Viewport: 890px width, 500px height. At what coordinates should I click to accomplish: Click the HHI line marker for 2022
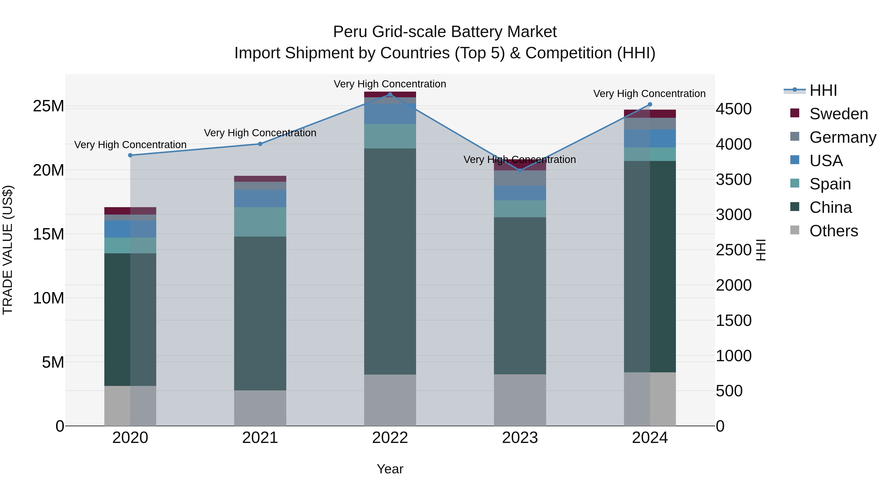[390, 94]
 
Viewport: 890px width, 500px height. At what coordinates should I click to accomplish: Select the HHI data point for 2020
[130, 155]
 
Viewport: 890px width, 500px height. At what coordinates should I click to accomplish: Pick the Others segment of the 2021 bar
[260, 408]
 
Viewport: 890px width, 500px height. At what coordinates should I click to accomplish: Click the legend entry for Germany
[842, 137]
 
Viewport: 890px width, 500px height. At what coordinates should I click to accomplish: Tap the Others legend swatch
[795, 230]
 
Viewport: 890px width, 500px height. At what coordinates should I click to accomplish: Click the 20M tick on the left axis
[48, 170]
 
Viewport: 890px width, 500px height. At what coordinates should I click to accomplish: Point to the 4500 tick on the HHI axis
[733, 109]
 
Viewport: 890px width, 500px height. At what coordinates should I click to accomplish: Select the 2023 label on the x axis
[520, 438]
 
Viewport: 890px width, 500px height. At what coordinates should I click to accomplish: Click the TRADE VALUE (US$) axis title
[8, 250]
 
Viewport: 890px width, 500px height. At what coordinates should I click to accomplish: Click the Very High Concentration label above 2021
[260, 133]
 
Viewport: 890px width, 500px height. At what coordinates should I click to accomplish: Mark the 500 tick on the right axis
[729, 391]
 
